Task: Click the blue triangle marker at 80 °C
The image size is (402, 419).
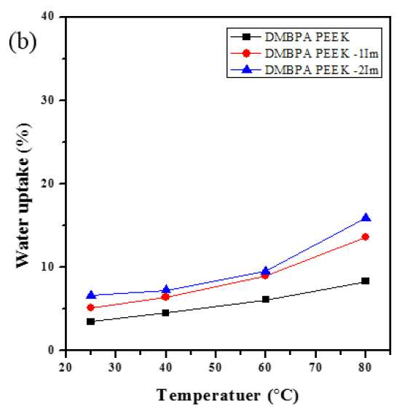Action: (x=366, y=218)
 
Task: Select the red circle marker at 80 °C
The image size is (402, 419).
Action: (x=366, y=236)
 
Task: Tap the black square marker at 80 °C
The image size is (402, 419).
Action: (x=366, y=281)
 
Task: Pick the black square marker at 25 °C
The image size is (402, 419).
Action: (x=91, y=322)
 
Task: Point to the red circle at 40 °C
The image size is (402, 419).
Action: (x=165, y=297)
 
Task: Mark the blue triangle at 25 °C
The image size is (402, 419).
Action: (x=91, y=295)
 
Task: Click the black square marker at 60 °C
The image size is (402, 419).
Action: (x=266, y=299)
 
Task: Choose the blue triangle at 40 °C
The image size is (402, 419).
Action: (x=166, y=289)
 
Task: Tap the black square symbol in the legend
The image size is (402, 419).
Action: (x=246, y=37)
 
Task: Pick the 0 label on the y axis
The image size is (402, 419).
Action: (x=51, y=350)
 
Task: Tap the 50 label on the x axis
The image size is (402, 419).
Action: (x=216, y=367)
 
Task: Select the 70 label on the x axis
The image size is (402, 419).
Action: (x=315, y=367)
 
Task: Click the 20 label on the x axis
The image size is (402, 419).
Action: (x=66, y=367)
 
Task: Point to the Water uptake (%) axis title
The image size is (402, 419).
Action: (x=23, y=196)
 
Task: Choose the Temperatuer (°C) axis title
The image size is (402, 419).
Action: (x=227, y=395)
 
